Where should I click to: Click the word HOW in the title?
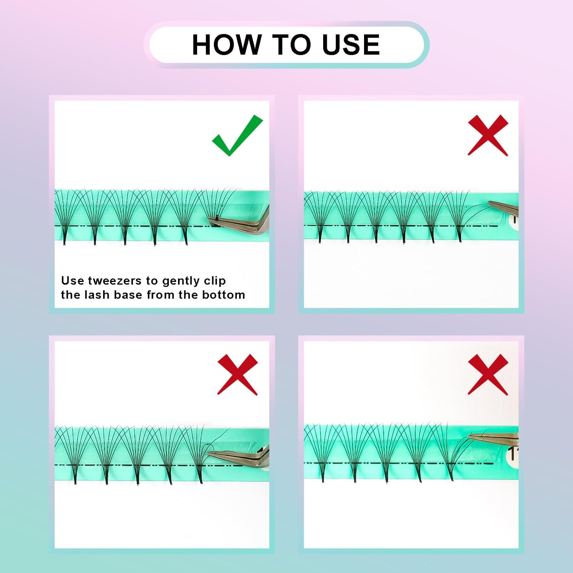tap(226, 44)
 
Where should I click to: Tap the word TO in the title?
tap(291, 44)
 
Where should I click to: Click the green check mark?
tap(237, 136)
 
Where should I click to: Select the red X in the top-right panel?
tap(488, 136)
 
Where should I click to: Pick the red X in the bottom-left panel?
tap(238, 375)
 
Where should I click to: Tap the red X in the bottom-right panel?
tap(488, 375)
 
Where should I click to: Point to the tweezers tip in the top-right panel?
tap(488, 203)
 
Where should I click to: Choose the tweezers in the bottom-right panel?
tap(494, 437)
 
